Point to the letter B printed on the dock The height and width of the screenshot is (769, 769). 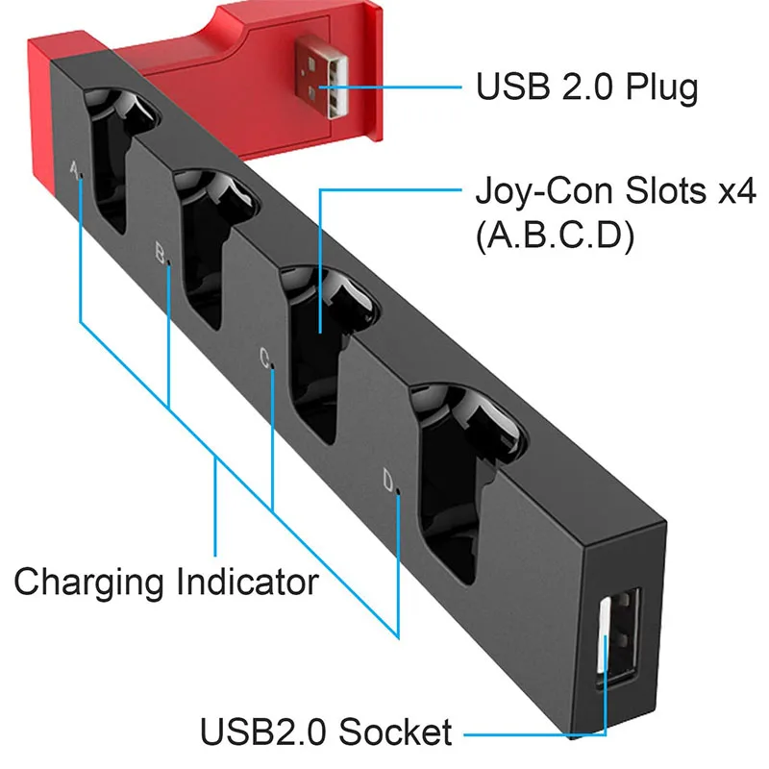(x=161, y=254)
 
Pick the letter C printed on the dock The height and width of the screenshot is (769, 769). (x=265, y=360)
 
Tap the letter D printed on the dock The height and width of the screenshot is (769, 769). (x=388, y=480)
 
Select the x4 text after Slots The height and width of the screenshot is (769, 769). (x=732, y=191)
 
